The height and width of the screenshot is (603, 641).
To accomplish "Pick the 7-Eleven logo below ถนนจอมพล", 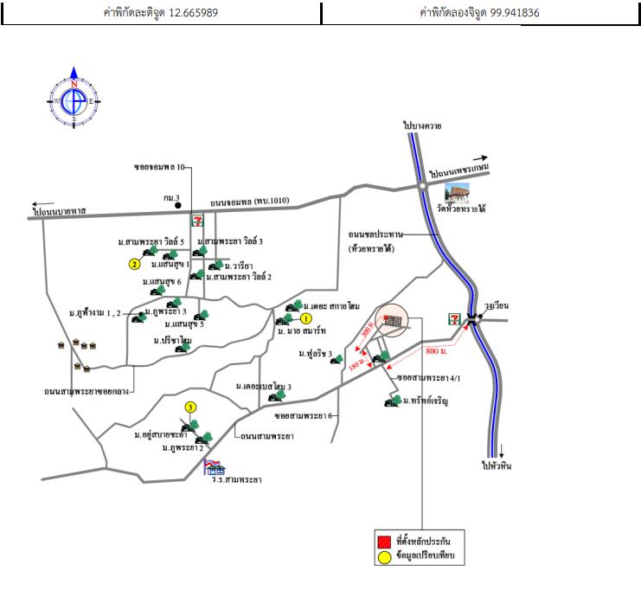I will click(199, 221).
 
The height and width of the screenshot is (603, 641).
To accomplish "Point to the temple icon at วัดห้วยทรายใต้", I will click(456, 192).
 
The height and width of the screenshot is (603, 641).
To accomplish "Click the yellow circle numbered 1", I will click(305, 318).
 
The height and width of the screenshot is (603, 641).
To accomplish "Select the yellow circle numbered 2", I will click(134, 264).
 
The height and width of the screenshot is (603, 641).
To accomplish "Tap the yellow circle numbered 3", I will click(189, 407).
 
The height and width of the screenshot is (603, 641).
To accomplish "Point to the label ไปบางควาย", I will click(422, 126).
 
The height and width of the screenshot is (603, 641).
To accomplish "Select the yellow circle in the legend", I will click(383, 558).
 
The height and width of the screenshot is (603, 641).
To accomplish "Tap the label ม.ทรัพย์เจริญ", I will click(427, 402).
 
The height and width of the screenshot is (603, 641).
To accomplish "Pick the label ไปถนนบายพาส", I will click(61, 210).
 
